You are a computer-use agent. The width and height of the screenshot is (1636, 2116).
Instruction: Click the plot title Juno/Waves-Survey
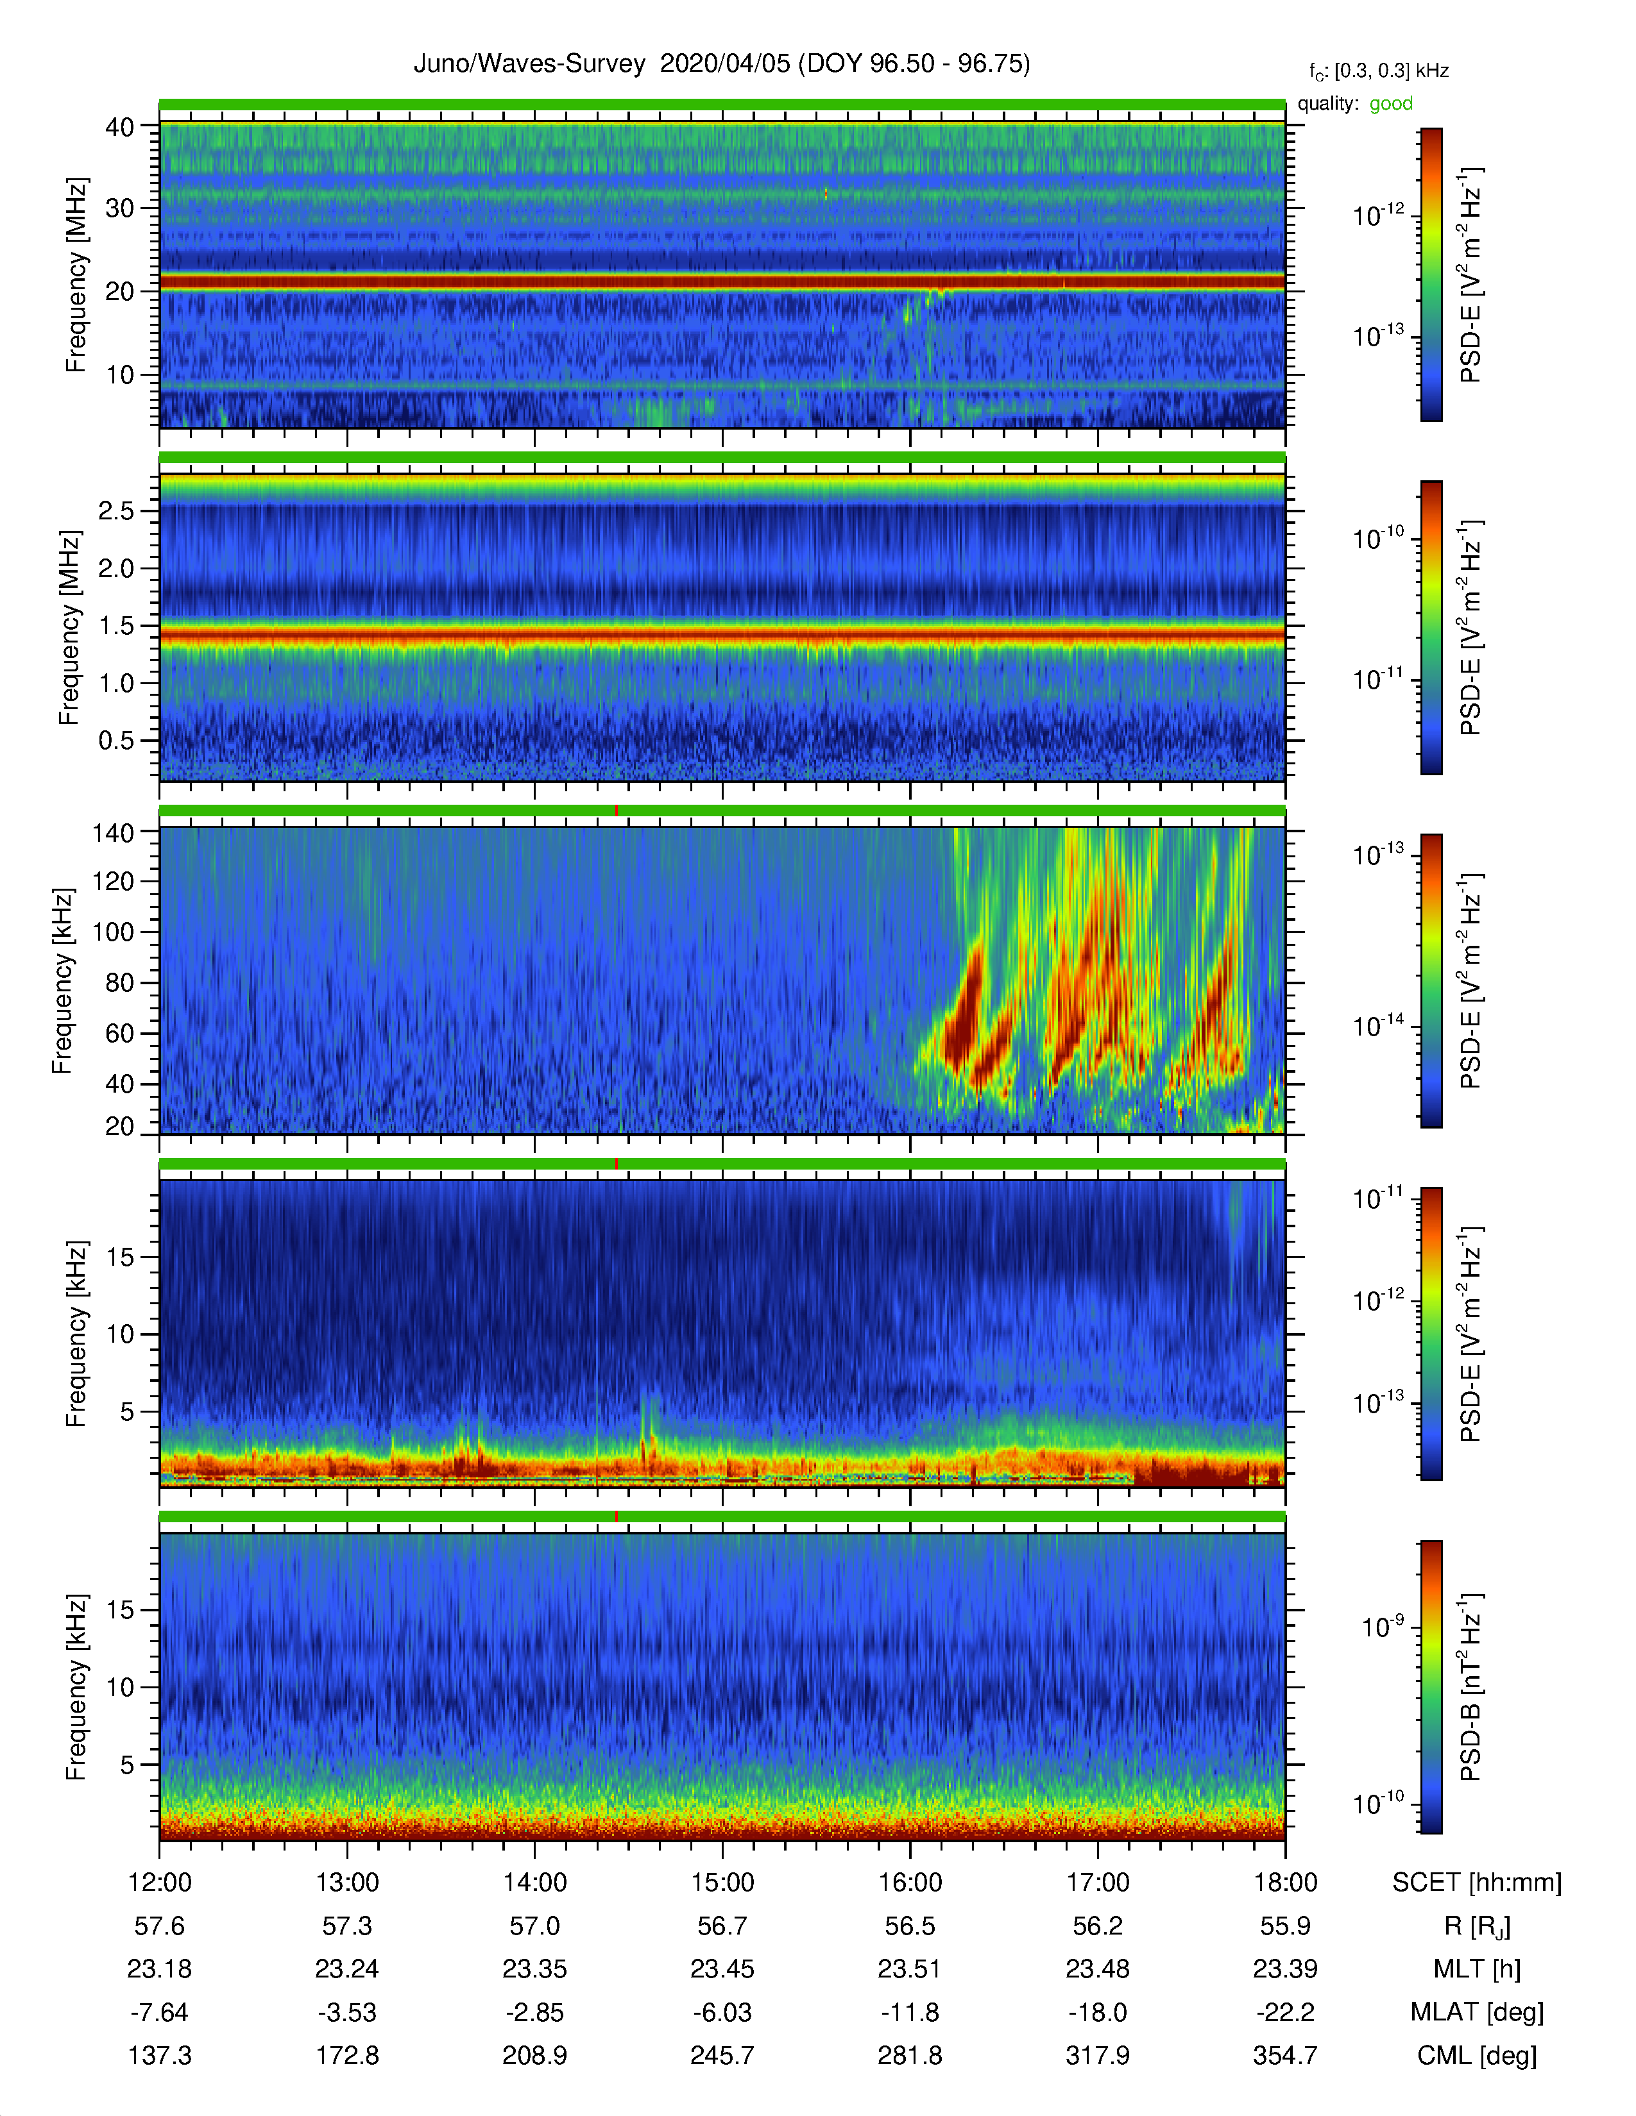click(x=529, y=64)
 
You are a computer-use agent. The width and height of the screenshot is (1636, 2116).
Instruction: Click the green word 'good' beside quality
click(x=1391, y=104)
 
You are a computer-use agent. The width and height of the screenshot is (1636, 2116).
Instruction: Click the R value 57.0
click(x=535, y=1926)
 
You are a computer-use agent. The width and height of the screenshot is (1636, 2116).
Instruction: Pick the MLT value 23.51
click(x=910, y=1969)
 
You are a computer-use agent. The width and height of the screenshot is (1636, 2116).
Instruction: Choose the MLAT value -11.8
click(x=910, y=2012)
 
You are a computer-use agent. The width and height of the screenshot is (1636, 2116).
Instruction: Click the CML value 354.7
click(x=1285, y=2055)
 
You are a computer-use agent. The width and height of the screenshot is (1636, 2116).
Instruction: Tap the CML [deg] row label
click(x=1477, y=2055)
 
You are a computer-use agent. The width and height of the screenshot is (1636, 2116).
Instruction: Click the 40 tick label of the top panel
click(x=120, y=127)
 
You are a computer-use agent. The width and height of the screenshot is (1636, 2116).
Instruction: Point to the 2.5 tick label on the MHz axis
click(x=116, y=510)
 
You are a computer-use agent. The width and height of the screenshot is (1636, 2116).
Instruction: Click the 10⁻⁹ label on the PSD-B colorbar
click(x=1383, y=1627)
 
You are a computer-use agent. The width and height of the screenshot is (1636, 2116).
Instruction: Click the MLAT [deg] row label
click(x=1477, y=2012)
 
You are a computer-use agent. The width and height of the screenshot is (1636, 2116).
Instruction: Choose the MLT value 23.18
click(x=160, y=1969)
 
